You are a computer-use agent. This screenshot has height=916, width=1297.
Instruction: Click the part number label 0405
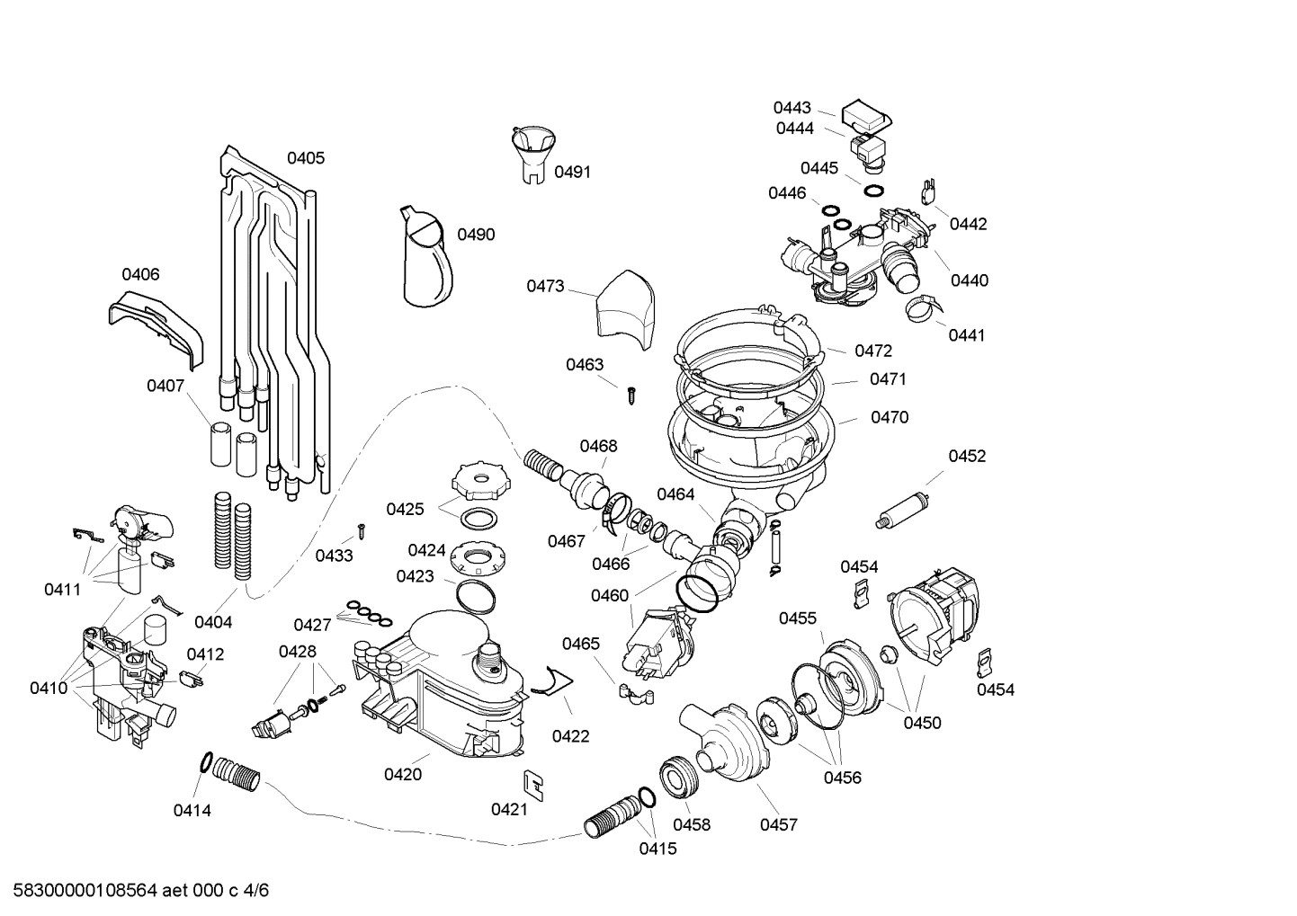coord(306,158)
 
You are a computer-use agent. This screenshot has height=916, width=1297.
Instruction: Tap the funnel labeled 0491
coord(532,153)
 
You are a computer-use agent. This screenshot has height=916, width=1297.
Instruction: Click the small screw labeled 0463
coord(632,392)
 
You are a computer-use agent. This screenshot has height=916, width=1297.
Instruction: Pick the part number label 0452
coord(967,456)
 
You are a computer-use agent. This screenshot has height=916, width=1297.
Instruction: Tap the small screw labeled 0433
coord(362,529)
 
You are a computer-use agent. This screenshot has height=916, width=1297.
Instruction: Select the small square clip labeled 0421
coord(532,784)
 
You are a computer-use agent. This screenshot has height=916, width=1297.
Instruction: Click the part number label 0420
coord(402,774)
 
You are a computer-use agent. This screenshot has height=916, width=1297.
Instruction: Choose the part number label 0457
coord(778,824)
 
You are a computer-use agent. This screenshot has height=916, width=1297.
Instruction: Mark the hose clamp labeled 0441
coord(922,308)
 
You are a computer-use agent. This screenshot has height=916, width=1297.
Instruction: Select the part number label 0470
coord(889,417)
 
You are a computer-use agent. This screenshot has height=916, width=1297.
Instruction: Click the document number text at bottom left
coord(136,892)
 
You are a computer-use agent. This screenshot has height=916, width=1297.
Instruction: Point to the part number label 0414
coord(192,810)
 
